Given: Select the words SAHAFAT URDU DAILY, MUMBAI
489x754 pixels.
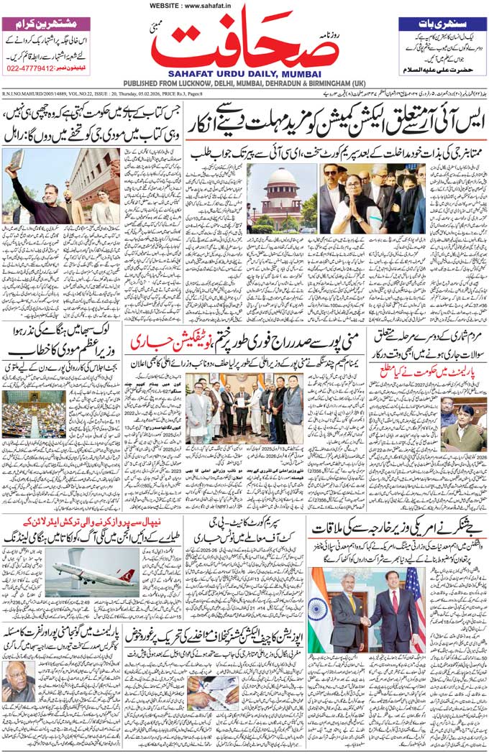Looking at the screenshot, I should (x=244, y=73).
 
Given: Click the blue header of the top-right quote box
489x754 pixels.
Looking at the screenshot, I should (x=441, y=23).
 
